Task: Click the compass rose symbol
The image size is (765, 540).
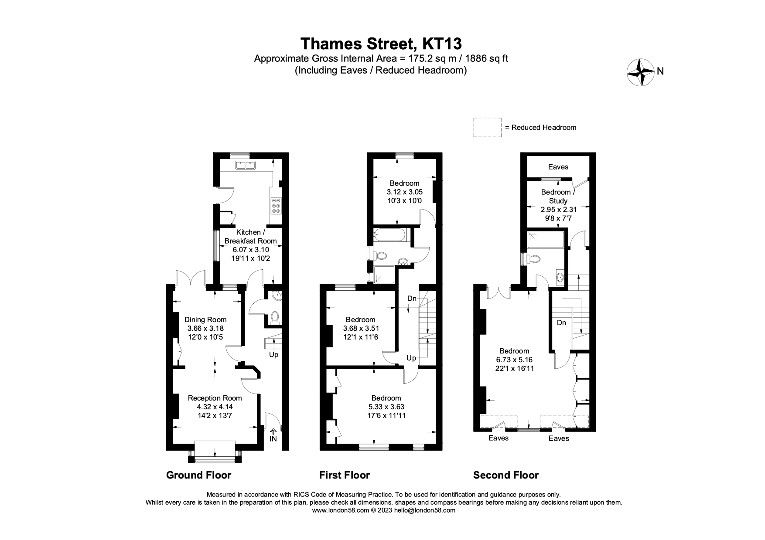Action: [640, 72]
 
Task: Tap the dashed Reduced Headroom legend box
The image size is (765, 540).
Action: [487, 127]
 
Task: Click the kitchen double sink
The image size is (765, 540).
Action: [245, 165]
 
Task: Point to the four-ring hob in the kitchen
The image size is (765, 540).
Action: [276, 205]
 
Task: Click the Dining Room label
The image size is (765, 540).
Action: [205, 319]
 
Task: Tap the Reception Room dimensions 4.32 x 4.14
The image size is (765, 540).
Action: [215, 407]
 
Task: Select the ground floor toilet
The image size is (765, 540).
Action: [275, 316]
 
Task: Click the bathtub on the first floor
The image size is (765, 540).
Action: [390, 235]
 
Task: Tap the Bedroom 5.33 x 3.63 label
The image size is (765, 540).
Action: [386, 398]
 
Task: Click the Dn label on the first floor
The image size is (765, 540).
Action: [412, 299]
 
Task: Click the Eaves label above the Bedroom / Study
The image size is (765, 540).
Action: [558, 166]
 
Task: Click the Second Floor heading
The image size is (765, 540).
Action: [505, 475]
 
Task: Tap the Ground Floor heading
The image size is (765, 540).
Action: [198, 475]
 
